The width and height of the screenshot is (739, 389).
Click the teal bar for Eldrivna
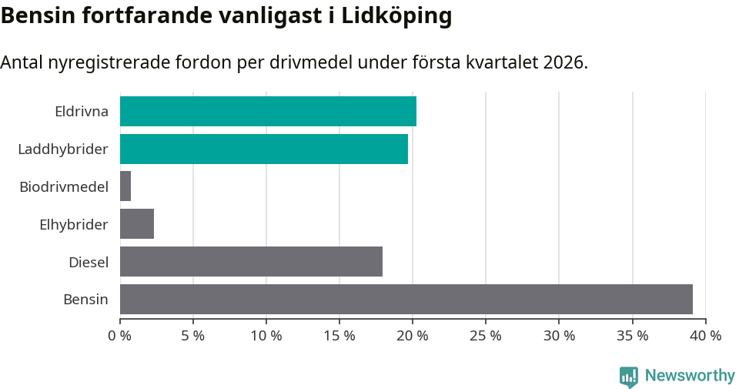(x=268, y=111)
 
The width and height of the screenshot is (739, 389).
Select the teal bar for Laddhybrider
(x=264, y=149)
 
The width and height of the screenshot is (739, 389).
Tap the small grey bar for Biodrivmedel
(x=125, y=186)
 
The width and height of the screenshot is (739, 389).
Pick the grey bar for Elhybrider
(x=137, y=224)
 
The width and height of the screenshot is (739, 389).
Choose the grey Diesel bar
(x=251, y=262)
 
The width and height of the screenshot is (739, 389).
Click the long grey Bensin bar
(x=406, y=299)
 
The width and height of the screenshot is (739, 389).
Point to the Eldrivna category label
(x=82, y=111)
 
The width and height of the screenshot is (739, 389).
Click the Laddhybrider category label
(x=63, y=149)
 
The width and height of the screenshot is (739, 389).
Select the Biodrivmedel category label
(x=64, y=186)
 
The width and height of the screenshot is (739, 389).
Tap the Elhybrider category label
(x=74, y=224)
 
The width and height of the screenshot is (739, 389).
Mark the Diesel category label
(x=89, y=262)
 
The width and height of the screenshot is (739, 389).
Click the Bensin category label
(x=85, y=299)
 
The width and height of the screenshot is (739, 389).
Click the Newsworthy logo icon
(x=629, y=376)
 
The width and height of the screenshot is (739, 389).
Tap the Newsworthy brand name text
(x=690, y=375)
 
